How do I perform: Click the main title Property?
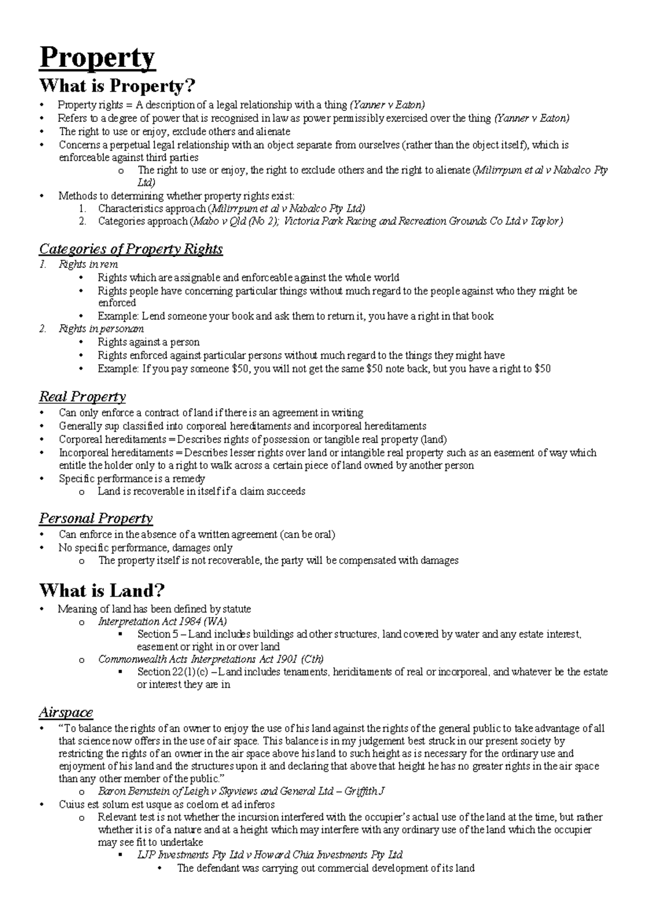(97, 58)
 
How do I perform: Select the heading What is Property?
(117, 86)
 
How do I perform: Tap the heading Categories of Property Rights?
(131, 249)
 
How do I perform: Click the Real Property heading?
(82, 397)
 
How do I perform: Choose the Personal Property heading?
(96, 519)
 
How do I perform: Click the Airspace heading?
(66, 712)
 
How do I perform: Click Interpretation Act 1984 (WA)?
(162, 621)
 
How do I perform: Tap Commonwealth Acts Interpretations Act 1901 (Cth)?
(211, 659)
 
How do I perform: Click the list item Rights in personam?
(101, 329)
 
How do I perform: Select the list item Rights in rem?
(88, 264)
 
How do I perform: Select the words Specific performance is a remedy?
(132, 478)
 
